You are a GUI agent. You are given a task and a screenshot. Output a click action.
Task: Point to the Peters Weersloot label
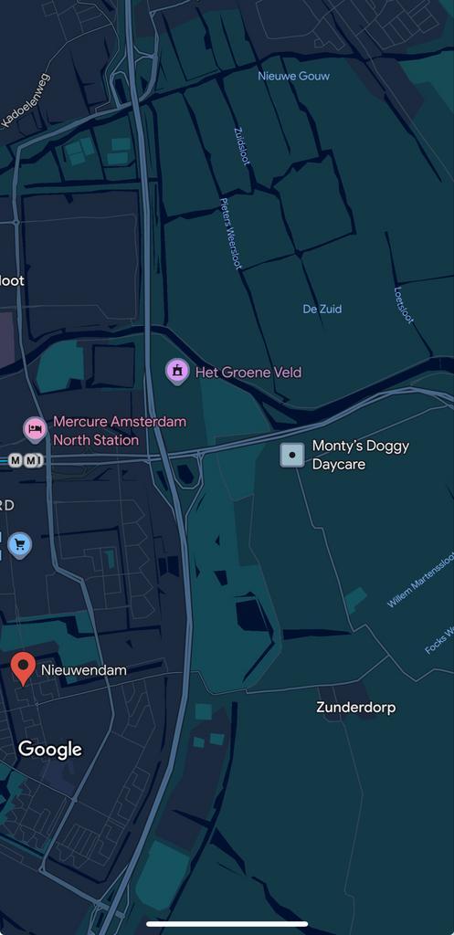click(x=230, y=234)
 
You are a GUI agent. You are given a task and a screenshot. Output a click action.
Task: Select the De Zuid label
click(x=322, y=309)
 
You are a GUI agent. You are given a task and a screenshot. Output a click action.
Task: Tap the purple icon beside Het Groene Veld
click(x=176, y=371)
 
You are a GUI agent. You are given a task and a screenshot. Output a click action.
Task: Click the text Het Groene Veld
click(x=248, y=373)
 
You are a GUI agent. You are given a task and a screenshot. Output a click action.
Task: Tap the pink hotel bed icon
click(x=35, y=427)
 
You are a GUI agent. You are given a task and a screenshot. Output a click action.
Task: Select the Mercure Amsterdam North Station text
click(x=119, y=431)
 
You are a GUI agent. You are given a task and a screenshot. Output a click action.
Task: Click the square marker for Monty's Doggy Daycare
click(x=291, y=455)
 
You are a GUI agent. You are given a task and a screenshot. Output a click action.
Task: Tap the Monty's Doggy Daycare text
click(x=360, y=455)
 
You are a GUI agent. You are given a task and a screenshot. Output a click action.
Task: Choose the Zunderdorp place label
click(x=355, y=708)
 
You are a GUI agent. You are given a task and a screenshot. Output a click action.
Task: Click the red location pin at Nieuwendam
click(x=23, y=668)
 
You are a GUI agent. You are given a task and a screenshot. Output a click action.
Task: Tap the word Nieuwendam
click(x=84, y=670)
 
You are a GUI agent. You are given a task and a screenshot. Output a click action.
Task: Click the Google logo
click(x=50, y=750)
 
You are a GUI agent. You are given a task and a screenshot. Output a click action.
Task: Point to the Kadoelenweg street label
click(x=26, y=102)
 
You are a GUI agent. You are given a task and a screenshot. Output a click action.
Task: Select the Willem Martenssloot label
click(x=420, y=581)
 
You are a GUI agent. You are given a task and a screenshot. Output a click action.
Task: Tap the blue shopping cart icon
click(x=19, y=545)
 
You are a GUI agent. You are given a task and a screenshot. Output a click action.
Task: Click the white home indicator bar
click(x=227, y=923)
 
